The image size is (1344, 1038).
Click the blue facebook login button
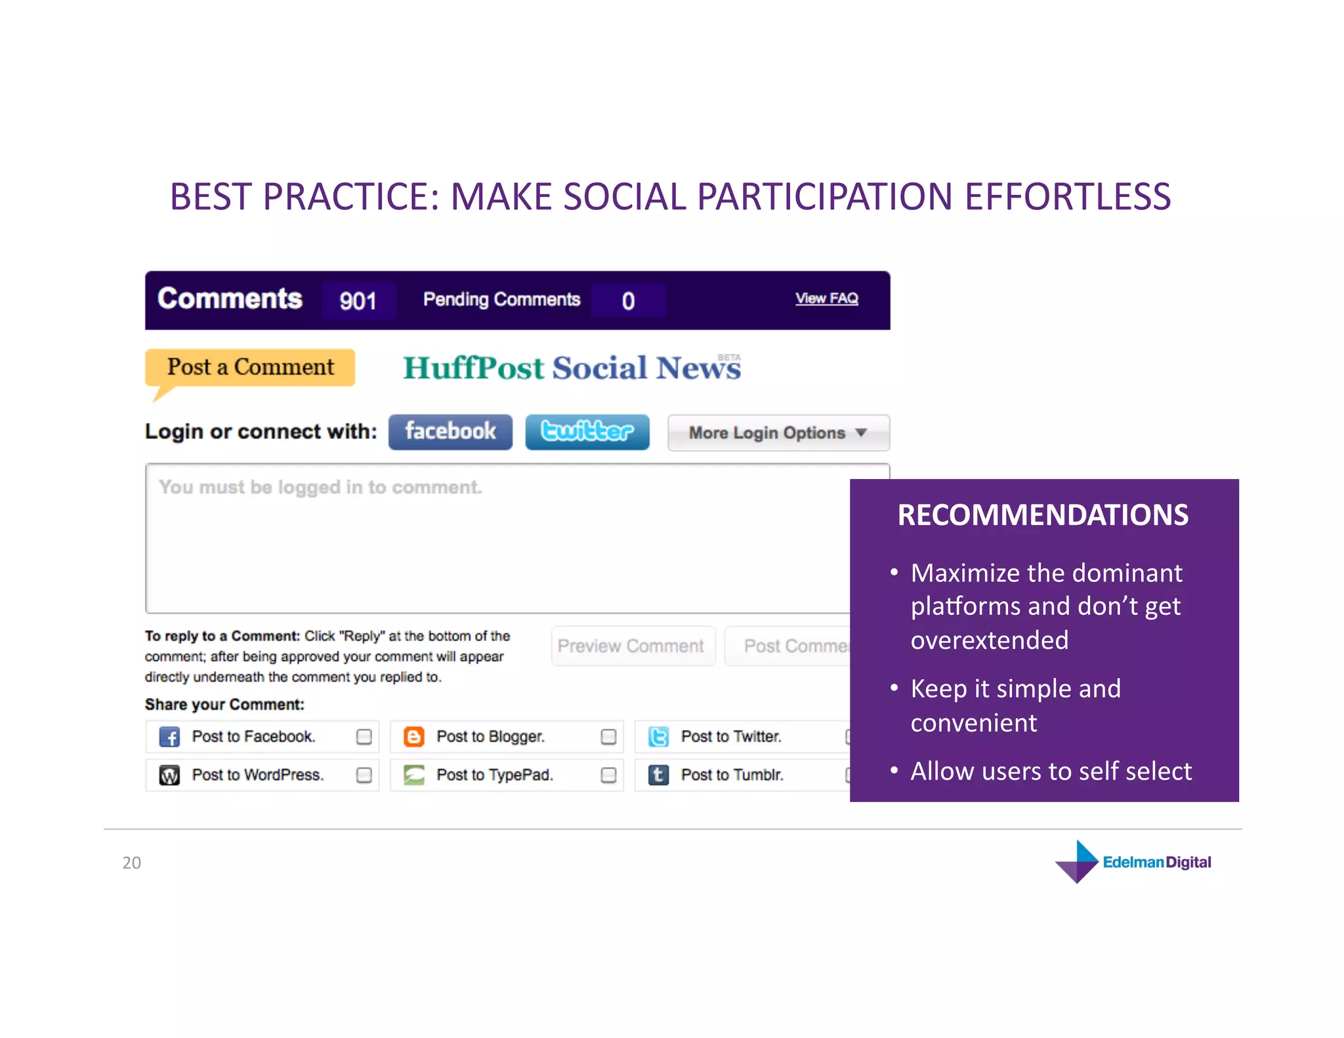click(x=450, y=432)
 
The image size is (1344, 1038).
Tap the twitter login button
click(x=587, y=432)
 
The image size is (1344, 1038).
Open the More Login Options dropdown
click(x=778, y=433)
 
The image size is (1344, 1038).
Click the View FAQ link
click(x=826, y=299)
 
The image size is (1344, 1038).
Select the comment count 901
click(x=358, y=301)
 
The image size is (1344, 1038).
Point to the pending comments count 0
click(x=628, y=301)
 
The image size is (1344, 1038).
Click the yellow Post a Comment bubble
click(x=250, y=367)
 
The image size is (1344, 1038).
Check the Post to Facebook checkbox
click(x=364, y=737)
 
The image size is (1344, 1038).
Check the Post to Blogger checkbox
click(x=608, y=737)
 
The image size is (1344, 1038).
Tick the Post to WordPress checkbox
click(x=364, y=776)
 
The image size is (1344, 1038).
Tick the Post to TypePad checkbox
click(x=608, y=776)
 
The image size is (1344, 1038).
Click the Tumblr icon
click(x=658, y=776)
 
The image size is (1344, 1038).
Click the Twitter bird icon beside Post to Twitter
click(x=658, y=737)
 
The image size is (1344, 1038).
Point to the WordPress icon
click(x=169, y=776)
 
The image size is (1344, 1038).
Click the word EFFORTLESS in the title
click(x=1068, y=197)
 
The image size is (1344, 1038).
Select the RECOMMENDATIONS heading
click(x=1043, y=515)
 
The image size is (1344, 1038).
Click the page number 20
click(x=131, y=863)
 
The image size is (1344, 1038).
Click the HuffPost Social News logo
click(x=572, y=367)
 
